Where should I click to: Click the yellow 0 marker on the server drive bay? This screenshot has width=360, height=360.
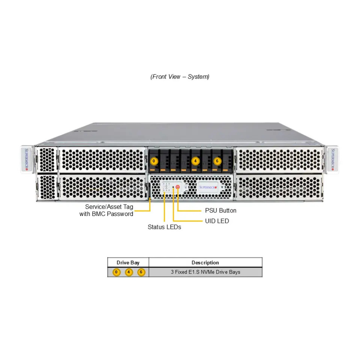pyautogui.click(x=154, y=161)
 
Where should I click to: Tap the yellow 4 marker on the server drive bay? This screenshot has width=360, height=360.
pyautogui.click(x=195, y=161)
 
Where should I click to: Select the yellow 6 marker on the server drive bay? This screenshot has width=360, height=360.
pyautogui.click(x=217, y=161)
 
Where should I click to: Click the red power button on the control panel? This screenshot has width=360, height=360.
pyautogui.click(x=177, y=187)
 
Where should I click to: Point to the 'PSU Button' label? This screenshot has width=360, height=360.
pyautogui.click(x=221, y=211)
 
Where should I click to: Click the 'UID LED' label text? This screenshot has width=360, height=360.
pyautogui.click(x=217, y=221)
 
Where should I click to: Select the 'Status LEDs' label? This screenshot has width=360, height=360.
pyautogui.click(x=164, y=227)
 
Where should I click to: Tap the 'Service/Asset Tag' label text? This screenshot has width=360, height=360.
pyautogui.click(x=109, y=207)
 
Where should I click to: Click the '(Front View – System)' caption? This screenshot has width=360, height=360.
pyautogui.click(x=180, y=77)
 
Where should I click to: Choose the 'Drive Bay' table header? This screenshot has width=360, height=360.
pyautogui.click(x=128, y=263)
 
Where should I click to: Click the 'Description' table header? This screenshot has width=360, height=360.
pyautogui.click(x=205, y=263)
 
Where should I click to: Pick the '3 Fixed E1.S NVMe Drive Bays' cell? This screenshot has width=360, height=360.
pyautogui.click(x=205, y=272)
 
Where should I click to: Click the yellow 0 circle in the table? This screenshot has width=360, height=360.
pyautogui.click(x=116, y=272)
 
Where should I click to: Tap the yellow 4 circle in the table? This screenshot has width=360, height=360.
pyautogui.click(x=129, y=272)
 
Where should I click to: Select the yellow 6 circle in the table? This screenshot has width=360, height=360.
pyautogui.click(x=141, y=272)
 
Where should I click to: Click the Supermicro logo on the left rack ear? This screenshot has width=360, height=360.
pyautogui.click(x=27, y=159)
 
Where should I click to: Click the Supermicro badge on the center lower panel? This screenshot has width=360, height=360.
pyautogui.click(x=208, y=187)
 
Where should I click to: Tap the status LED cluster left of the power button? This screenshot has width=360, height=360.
pyautogui.click(x=167, y=187)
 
